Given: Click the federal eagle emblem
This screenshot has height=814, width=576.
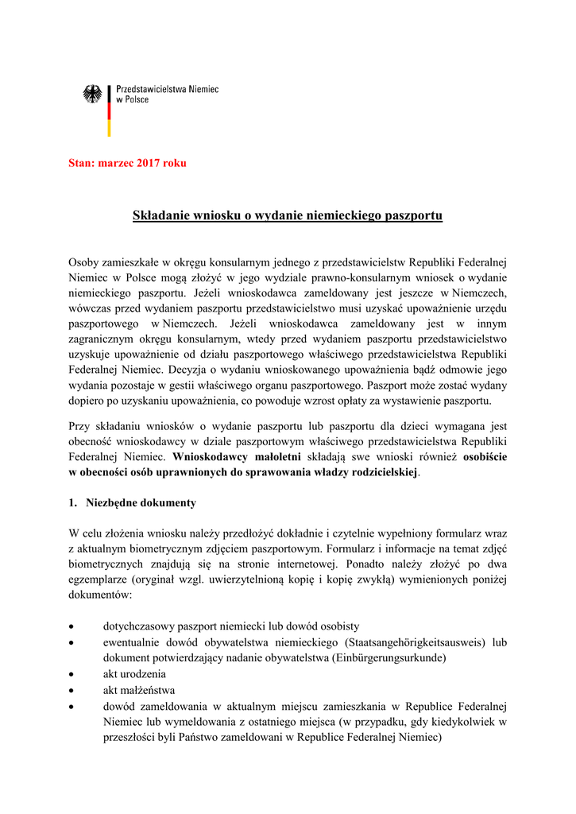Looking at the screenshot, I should [x=92, y=95].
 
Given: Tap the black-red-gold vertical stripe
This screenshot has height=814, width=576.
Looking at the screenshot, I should [x=110, y=110].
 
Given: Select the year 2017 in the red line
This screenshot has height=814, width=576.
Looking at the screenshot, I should [x=149, y=163].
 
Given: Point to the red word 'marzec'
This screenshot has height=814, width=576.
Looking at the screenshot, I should [x=115, y=163].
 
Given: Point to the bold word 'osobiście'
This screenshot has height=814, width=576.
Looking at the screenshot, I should [x=485, y=457].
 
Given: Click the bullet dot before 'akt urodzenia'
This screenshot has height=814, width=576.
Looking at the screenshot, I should [x=73, y=674].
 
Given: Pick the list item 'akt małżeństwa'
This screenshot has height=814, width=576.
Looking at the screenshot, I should [x=139, y=689].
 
